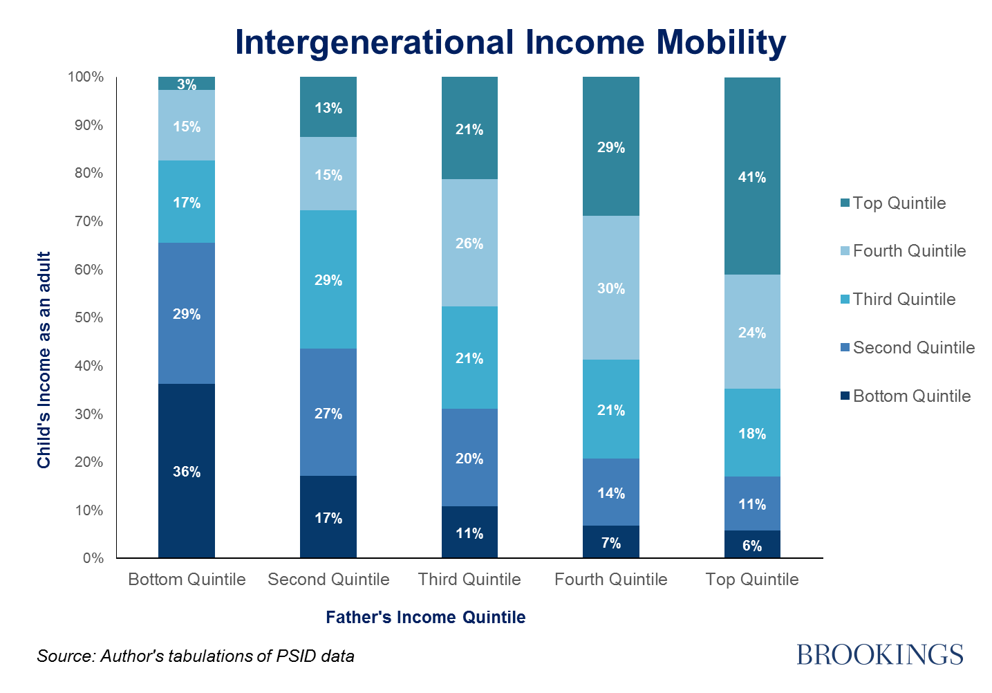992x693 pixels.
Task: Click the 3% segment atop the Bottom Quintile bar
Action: [187, 83]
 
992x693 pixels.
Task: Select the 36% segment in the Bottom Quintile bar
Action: [187, 470]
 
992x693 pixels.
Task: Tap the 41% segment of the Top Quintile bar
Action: [752, 176]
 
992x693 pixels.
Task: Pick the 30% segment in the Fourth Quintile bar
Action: [610, 288]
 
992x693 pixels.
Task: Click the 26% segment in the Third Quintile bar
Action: [469, 243]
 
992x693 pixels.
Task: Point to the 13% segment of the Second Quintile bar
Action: [328, 107]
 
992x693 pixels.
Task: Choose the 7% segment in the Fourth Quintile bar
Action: [610, 542]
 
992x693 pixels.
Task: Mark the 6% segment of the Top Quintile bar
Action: [752, 544]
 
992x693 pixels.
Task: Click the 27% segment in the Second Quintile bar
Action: [328, 412]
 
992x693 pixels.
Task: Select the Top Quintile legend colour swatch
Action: [845, 203]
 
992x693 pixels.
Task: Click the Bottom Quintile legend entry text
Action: [912, 396]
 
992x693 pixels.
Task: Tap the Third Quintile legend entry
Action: [898, 299]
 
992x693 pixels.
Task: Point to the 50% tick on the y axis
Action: [89, 317]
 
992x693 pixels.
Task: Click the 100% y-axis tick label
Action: [86, 77]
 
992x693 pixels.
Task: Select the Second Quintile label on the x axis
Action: [328, 579]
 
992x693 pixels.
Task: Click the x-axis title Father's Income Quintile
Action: [426, 617]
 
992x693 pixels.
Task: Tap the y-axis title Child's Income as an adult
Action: [44, 360]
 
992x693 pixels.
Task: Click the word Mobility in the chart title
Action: [721, 43]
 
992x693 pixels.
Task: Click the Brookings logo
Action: [880, 655]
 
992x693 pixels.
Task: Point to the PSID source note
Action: [196, 656]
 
